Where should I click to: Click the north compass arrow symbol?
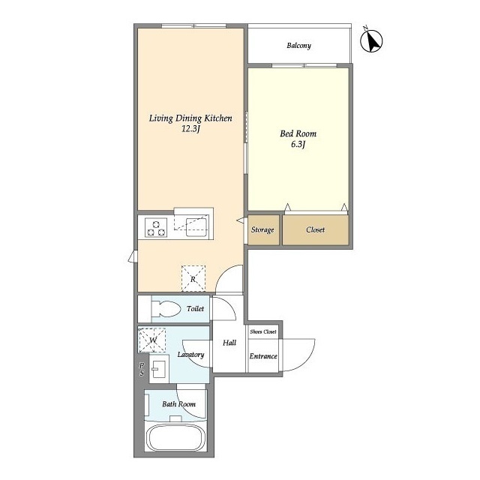click(x=371, y=40)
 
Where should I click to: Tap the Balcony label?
click(x=298, y=46)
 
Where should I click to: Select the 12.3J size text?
click(x=190, y=128)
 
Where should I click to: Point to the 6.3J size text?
click(x=298, y=144)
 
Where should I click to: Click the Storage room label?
click(x=262, y=230)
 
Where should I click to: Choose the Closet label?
click(x=315, y=229)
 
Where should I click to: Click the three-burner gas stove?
click(x=156, y=228)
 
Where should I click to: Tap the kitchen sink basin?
click(x=196, y=227)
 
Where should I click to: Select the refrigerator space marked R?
click(x=193, y=278)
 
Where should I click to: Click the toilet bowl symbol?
click(x=165, y=308)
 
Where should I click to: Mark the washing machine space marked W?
click(x=151, y=340)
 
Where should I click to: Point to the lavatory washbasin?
click(x=159, y=369)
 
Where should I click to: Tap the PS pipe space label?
click(x=142, y=370)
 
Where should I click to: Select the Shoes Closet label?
click(x=263, y=331)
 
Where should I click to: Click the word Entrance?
click(x=263, y=356)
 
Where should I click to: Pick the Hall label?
click(x=229, y=343)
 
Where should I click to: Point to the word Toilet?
click(x=195, y=308)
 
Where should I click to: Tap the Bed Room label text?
click(x=298, y=133)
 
